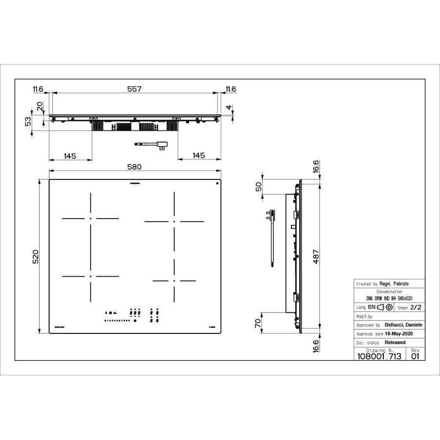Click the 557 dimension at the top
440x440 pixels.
[x=134, y=89]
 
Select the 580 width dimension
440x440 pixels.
[x=134, y=167]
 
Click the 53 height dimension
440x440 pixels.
[x=29, y=121]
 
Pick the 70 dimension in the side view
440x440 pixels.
[x=259, y=322]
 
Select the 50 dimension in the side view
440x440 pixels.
[x=259, y=186]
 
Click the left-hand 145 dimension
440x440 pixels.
[x=70, y=156]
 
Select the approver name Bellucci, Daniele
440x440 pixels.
[x=403, y=325]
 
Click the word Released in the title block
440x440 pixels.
[x=395, y=342]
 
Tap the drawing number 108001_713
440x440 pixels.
[x=380, y=356]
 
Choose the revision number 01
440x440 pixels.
[x=415, y=356]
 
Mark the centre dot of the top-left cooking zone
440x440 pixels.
[x=90, y=218]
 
